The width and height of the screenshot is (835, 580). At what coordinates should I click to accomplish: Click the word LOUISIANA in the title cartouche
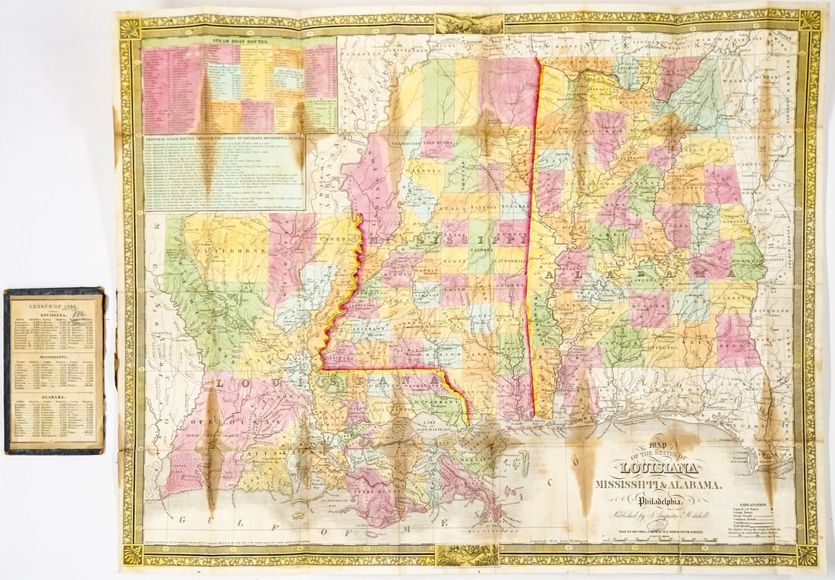661,468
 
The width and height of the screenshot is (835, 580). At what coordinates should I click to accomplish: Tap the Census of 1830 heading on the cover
53,304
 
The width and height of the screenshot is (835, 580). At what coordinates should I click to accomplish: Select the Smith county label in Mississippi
456,288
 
